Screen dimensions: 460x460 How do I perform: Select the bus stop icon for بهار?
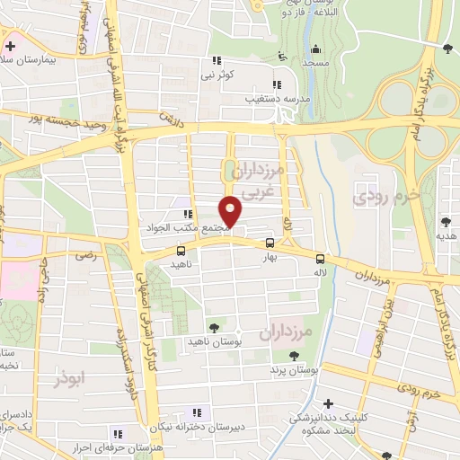[x=270, y=243]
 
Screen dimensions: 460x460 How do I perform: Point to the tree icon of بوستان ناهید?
[x=213, y=328]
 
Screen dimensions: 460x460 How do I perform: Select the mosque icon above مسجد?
[x=314, y=50]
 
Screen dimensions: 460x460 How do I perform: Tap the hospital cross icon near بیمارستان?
[x=10, y=46]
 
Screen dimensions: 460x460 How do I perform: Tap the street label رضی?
[x=85, y=256]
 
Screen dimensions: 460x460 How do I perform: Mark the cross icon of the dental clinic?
[x=329, y=405]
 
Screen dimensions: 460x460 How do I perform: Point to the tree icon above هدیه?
[x=447, y=221]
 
